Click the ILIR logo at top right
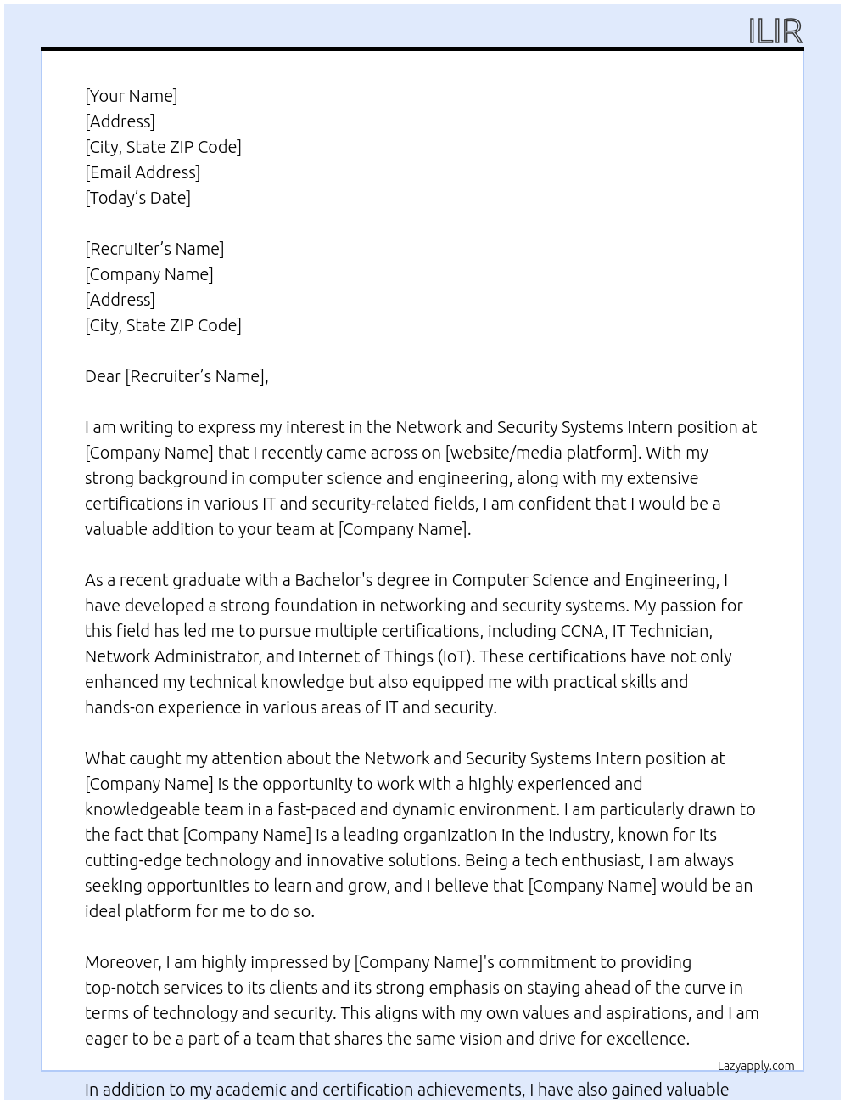coord(775,31)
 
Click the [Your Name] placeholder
coord(131,96)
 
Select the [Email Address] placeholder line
coord(143,172)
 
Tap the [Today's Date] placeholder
coord(137,198)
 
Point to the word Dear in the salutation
coord(103,376)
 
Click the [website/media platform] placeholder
coord(541,453)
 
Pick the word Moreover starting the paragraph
coord(123,962)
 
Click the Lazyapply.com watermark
coord(755,1066)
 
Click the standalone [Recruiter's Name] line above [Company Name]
coord(154,249)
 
